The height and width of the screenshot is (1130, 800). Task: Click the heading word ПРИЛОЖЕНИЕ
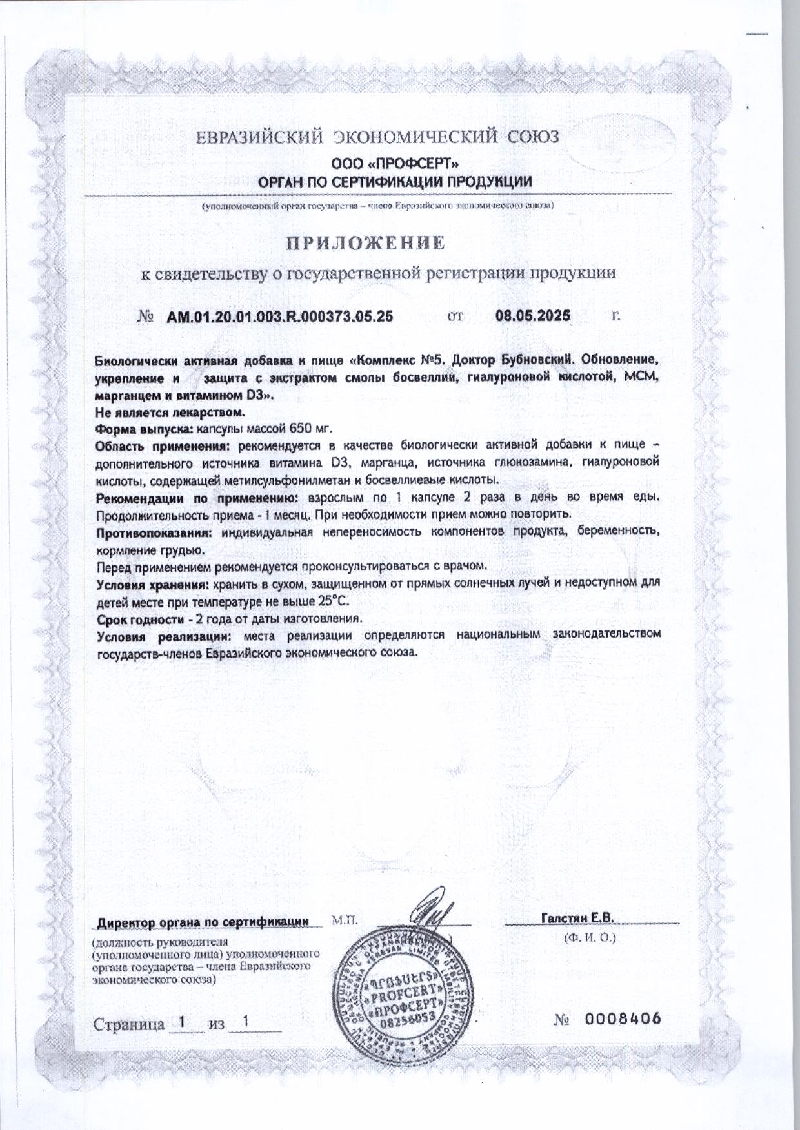tap(366, 243)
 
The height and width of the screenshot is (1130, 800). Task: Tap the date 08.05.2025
tap(533, 316)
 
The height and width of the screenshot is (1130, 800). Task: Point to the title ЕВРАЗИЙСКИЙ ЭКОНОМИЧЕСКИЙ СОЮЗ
tap(378, 137)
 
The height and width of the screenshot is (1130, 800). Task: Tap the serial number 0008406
tap(624, 1019)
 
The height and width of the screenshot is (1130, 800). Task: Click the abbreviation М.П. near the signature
tap(343, 919)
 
